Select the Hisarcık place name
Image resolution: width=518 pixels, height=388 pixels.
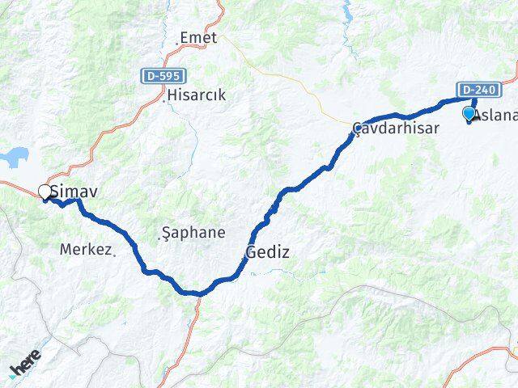[197, 95]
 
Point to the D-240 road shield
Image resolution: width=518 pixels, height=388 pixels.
[478, 90]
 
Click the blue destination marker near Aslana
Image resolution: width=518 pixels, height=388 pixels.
[469, 114]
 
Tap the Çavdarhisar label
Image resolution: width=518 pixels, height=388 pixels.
[396, 128]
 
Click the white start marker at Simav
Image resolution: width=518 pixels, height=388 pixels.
[45, 192]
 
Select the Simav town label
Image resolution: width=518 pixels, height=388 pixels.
[68, 192]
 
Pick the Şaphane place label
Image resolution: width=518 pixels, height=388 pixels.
[194, 233]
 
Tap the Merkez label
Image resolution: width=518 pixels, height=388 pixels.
[84, 249]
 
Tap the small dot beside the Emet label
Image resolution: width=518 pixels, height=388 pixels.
[177, 42]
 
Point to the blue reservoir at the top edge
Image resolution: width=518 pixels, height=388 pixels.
[348, 11]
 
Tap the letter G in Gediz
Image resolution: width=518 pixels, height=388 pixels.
[251, 252]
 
